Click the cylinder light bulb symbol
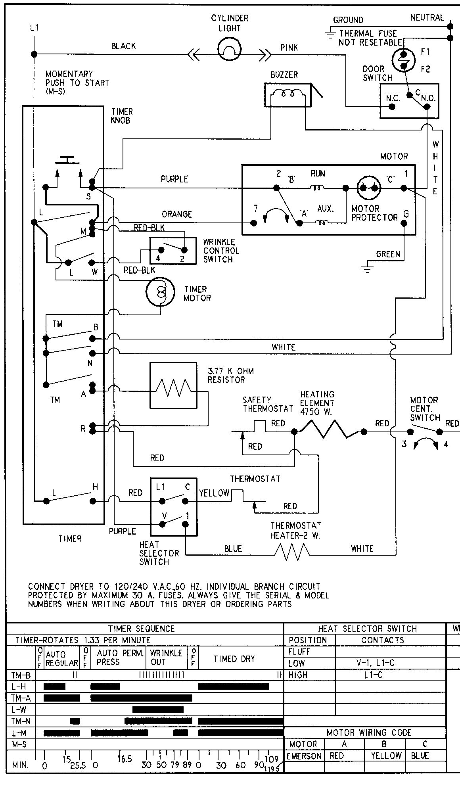click(230, 49)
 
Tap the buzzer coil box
click(288, 95)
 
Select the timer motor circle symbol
click(160, 292)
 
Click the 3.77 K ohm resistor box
click(173, 385)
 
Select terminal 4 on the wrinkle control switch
click(161, 250)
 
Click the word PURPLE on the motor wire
click(174, 179)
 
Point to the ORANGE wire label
click(176, 214)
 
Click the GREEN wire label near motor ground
click(388, 254)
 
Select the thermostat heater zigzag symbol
click(292, 552)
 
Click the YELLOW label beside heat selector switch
click(214, 493)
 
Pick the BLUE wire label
click(233, 548)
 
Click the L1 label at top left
click(34, 28)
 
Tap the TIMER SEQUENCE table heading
click(141, 629)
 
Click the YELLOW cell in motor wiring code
click(386, 756)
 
